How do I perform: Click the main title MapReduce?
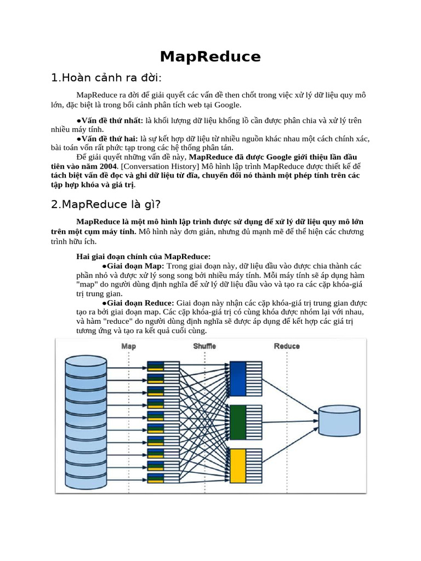[210, 56]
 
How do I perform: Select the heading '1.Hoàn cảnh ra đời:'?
[106, 78]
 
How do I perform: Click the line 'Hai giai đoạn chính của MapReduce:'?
[143, 256]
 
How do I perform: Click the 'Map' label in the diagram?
[128, 346]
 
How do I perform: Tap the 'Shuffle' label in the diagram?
[204, 346]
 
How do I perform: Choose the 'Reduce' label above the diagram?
[287, 346]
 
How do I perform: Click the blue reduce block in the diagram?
[238, 379]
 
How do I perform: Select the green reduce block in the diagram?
[238, 422]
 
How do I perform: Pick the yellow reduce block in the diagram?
[238, 465]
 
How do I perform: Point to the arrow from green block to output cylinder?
[289, 422]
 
